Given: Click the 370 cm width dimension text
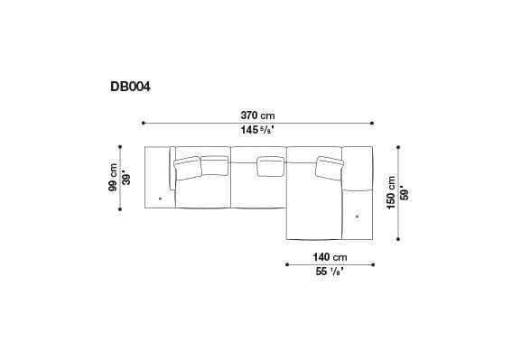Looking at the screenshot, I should pos(257,115).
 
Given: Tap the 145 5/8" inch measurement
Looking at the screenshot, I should pos(257,131).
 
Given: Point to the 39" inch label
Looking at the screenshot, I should pos(126,178).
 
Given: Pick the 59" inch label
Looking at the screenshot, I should pos(405,192).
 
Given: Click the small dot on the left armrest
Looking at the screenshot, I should pos(160,197).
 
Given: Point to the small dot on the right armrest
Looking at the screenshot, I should pos(358,217).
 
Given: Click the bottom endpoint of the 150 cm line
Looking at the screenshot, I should pos(398,240).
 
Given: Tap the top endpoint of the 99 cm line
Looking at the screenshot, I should pos(120,146).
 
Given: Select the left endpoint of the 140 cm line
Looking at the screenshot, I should pos(286,264).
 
